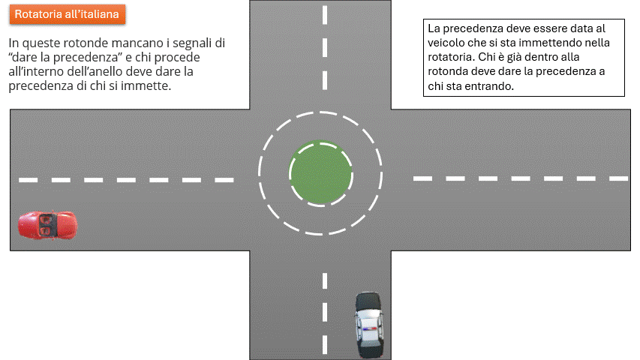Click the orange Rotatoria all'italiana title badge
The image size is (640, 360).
[68, 14]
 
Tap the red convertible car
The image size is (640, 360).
[47, 225]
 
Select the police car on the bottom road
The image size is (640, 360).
[369, 325]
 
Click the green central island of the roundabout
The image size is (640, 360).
[321, 172]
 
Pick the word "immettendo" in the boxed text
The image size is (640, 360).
[553, 43]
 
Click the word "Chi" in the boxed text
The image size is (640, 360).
[485, 57]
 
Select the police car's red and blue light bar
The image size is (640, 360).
[369, 328]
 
